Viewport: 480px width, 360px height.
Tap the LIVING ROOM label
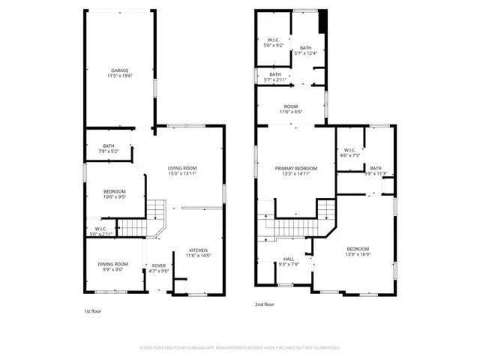pos(182,168)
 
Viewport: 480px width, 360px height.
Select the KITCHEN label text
pos(198,250)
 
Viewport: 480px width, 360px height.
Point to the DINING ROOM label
pos(112,264)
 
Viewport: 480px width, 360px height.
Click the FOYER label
pos(159,265)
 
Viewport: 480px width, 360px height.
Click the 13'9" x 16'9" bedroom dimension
pos(358,254)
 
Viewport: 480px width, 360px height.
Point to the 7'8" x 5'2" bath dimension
pos(109,151)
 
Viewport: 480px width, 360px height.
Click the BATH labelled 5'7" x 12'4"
pos(305,52)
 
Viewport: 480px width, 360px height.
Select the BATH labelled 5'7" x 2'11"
pos(275,78)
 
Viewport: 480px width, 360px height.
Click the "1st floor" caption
pos(93,310)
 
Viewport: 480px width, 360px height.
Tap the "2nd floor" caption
pos(265,304)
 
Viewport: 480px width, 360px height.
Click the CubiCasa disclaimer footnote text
pos(240,348)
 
